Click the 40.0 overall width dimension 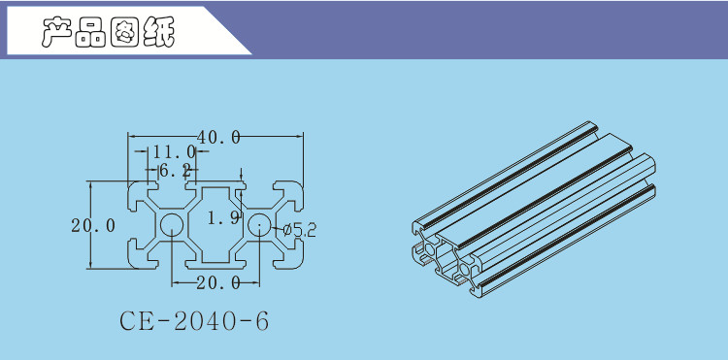218,137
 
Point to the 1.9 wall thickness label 223,217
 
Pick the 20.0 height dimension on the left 93,226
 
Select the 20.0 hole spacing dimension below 218,282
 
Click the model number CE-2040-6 194,321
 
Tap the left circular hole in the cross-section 172,225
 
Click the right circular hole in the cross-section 259,225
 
